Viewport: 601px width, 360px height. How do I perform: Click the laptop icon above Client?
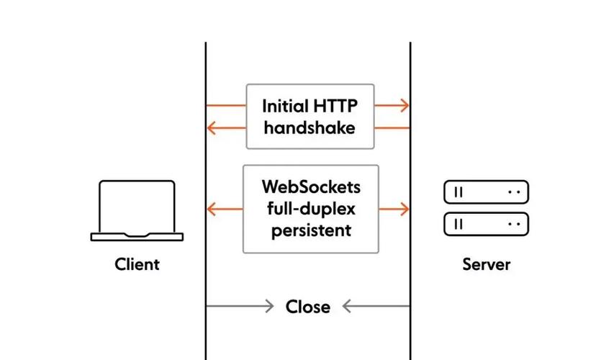[x=137, y=209]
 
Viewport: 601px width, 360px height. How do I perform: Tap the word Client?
[x=137, y=264]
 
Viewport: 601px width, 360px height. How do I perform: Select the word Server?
[x=486, y=264]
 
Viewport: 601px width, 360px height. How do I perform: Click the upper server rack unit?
[x=486, y=192]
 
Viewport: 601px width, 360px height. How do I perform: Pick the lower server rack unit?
[x=486, y=224]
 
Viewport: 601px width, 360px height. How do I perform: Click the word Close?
[x=308, y=307]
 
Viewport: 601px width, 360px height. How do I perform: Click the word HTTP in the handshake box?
[x=335, y=107]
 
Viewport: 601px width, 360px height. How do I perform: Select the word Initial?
[x=286, y=107]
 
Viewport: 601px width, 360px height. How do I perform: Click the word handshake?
[x=309, y=128]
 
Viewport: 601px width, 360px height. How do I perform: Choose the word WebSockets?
[x=311, y=187]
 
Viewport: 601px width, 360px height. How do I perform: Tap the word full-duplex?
[x=311, y=210]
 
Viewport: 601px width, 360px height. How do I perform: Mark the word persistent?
[x=311, y=231]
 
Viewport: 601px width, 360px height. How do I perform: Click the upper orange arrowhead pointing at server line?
[x=405, y=106]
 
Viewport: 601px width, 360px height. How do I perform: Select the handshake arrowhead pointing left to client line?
[x=211, y=128]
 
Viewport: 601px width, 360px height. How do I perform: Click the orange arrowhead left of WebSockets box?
[x=212, y=210]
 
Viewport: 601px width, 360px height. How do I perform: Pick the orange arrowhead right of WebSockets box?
[x=405, y=210]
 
